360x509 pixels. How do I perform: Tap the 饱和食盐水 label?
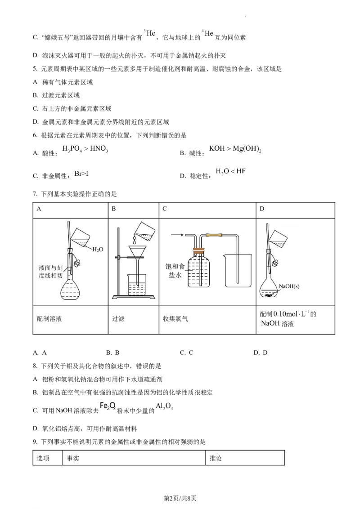tap(176, 271)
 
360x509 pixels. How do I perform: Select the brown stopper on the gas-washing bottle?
tap(198, 250)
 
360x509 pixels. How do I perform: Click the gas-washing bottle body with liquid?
tap(199, 272)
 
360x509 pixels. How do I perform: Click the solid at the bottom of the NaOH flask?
tap(271, 295)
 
